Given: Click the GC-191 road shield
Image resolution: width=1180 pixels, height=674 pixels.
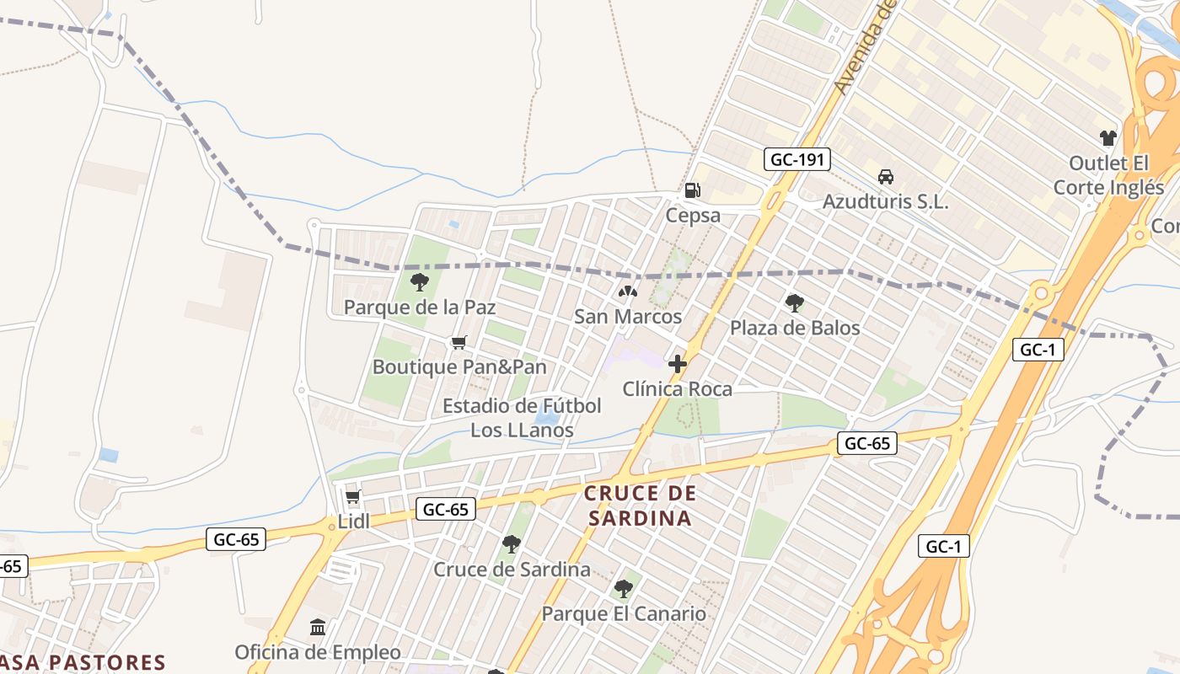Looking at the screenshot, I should [x=797, y=159].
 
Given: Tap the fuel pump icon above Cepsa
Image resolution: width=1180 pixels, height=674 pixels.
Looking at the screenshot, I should [x=692, y=190].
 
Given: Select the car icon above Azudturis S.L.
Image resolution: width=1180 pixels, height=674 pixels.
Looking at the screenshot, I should [x=885, y=177].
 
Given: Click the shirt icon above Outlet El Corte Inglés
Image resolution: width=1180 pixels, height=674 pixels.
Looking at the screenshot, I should [x=1108, y=137].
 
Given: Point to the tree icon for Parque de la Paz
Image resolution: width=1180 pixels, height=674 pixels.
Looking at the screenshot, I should [x=419, y=282].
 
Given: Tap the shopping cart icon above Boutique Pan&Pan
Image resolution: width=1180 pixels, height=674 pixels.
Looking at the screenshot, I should [x=459, y=342].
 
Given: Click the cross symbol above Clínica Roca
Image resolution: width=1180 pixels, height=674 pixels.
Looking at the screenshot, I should [x=677, y=364].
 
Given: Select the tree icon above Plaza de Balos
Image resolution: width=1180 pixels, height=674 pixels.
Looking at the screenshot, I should [x=794, y=303].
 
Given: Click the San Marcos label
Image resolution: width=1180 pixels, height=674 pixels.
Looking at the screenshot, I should [x=627, y=317].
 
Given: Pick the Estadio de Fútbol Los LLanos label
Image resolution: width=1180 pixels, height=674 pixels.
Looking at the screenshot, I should [x=522, y=418].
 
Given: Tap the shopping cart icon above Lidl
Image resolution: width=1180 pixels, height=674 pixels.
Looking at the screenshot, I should [x=353, y=497].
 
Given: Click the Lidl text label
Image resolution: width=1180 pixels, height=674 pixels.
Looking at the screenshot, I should [x=353, y=522].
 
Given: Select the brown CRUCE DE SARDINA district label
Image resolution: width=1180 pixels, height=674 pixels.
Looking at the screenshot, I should [x=640, y=505].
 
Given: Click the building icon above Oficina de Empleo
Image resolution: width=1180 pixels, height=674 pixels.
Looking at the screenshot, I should [x=318, y=628].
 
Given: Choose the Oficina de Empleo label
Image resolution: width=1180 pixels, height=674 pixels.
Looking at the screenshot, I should [x=318, y=652].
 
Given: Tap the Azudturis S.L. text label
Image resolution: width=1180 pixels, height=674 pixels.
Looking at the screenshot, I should [x=885, y=202].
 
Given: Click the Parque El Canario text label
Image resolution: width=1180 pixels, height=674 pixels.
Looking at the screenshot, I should [x=623, y=613].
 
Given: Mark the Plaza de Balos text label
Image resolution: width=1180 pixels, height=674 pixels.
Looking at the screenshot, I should [x=794, y=328].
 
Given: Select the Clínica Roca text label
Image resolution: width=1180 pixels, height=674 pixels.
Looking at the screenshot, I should [x=677, y=389].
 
